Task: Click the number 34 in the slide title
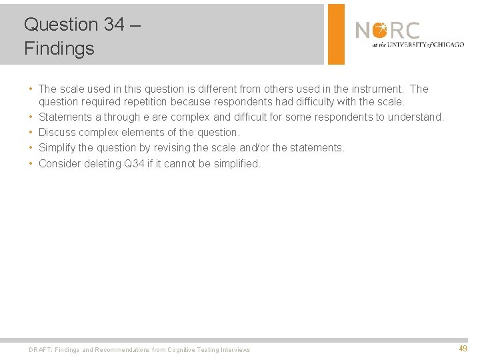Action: point(113,25)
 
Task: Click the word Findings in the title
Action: point(59,49)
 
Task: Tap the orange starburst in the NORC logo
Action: point(381,30)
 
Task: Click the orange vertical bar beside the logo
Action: point(337,34)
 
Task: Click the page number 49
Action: point(463,349)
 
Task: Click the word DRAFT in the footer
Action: point(40,350)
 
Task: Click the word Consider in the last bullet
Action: point(59,163)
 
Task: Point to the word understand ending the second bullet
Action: point(417,117)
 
